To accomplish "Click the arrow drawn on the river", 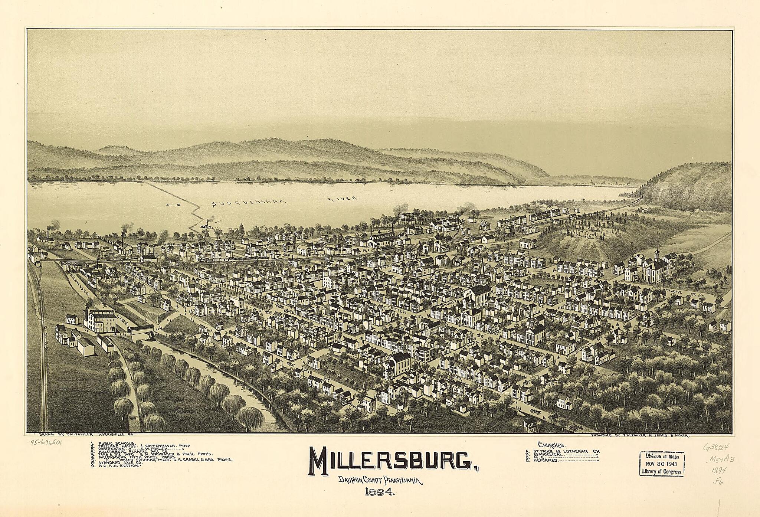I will [x=173, y=204].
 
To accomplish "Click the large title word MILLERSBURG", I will [x=375, y=460].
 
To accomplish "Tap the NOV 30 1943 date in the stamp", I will [x=662, y=464].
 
